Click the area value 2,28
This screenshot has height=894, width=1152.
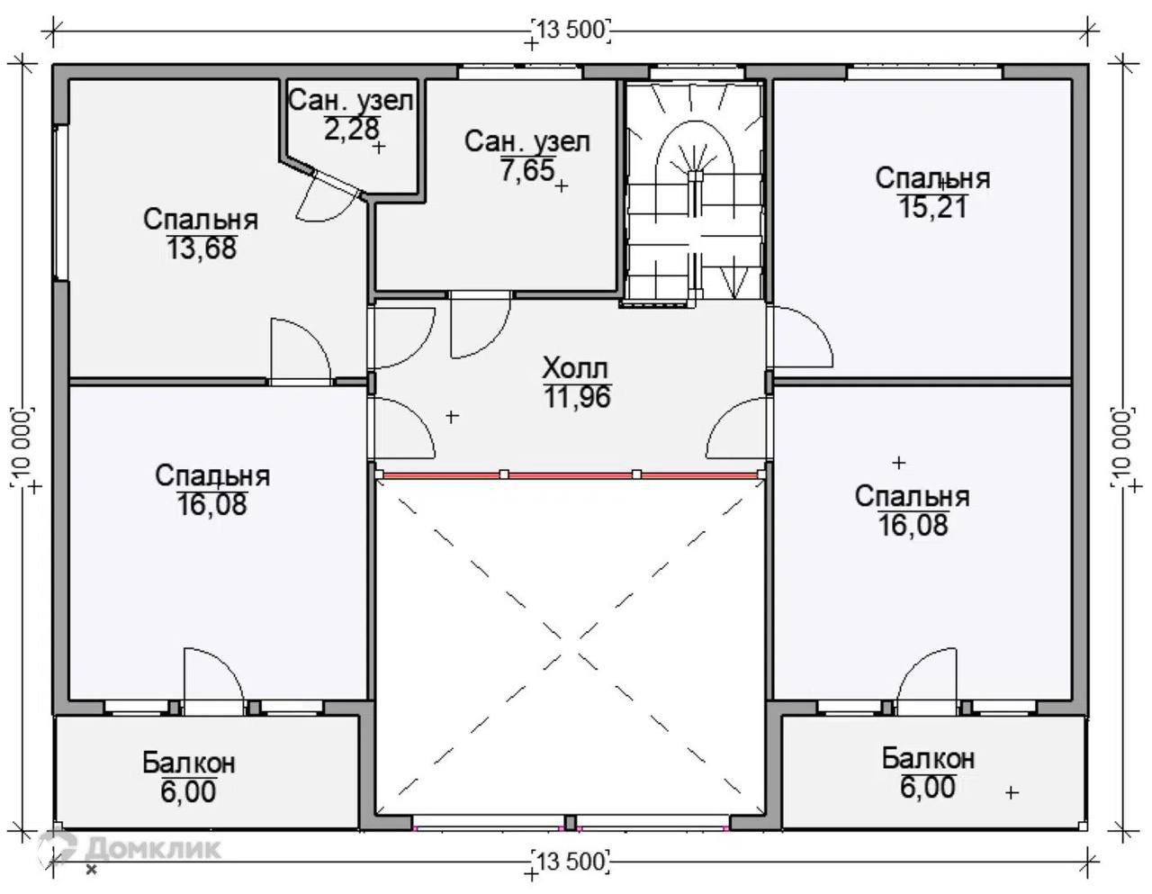point(352,129)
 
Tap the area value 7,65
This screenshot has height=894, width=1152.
point(528,170)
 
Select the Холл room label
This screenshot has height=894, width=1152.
point(575,368)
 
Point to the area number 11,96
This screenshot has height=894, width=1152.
point(577,397)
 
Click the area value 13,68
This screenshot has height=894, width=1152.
point(202,248)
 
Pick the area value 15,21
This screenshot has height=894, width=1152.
point(932,207)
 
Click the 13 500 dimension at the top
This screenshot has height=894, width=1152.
point(571,31)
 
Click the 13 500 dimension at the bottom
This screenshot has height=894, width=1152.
point(571,862)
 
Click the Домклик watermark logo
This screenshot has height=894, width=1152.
point(130,849)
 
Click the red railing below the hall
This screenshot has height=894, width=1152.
point(571,475)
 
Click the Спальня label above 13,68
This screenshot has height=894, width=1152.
point(201,220)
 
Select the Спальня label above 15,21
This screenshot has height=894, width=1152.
point(932,178)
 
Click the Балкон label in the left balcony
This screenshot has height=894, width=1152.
point(189,763)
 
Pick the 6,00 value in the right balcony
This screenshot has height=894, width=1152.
point(928,787)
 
